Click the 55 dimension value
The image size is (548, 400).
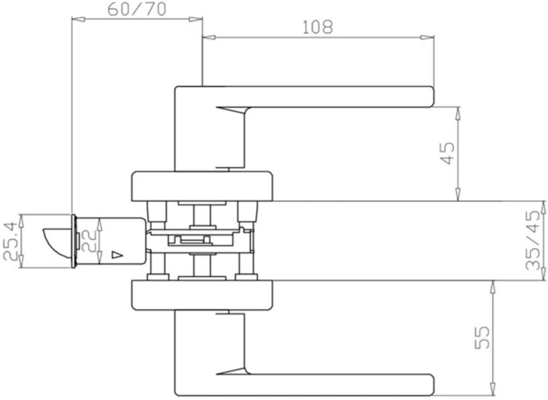coord(482,337)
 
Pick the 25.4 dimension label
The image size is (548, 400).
coord(11,241)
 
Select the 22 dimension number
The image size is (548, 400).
coord(88,241)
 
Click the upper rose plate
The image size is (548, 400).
coord(203,186)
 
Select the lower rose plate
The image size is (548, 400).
coord(203,296)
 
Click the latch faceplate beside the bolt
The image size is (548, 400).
coord(74,241)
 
